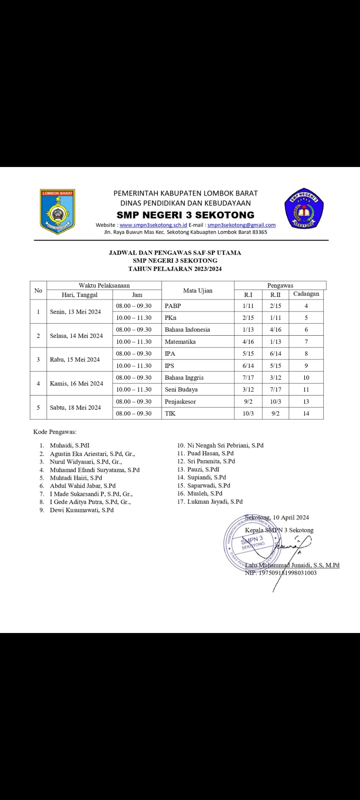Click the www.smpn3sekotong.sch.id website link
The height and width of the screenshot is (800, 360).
153,225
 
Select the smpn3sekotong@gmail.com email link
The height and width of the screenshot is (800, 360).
241,225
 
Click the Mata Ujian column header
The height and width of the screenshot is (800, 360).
198,291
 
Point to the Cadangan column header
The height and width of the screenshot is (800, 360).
306,294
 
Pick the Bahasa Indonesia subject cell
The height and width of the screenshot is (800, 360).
187,330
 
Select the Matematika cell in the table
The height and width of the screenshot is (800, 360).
180,342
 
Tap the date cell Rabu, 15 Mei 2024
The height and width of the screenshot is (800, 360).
75,360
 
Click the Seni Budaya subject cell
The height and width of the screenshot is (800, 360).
181,389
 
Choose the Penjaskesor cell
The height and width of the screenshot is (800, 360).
180,402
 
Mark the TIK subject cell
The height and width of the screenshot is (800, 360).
170,413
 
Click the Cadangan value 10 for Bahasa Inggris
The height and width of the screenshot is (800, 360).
306,378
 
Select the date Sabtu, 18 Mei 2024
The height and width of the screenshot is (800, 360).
75,407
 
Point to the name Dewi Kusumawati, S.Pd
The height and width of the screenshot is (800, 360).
82,510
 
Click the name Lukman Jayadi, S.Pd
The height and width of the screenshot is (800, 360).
215,502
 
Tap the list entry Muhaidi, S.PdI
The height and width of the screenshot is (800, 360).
70,445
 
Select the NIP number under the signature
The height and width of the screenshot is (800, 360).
281,573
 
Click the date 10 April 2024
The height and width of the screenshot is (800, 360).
291,517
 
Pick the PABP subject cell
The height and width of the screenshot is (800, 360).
173,306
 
